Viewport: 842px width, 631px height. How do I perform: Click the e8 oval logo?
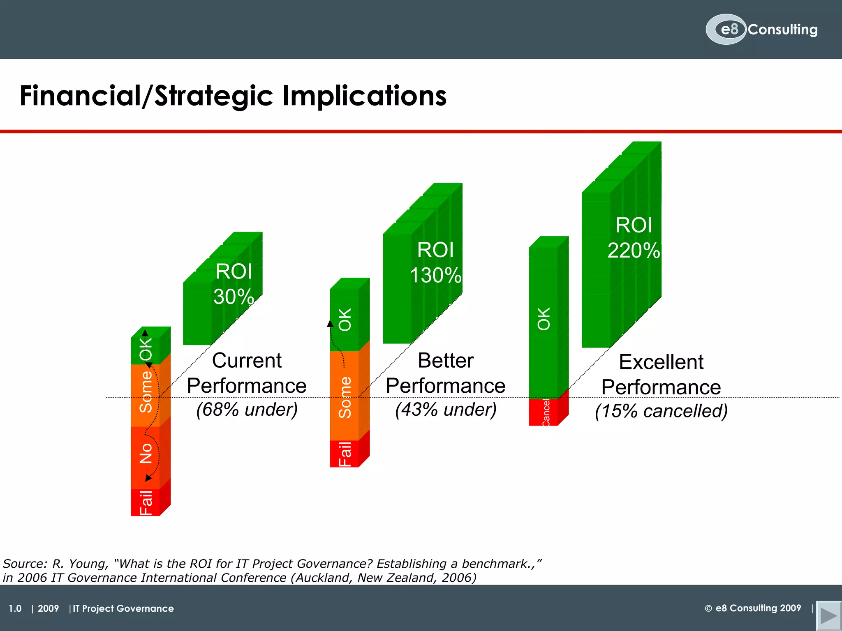pyautogui.click(x=726, y=29)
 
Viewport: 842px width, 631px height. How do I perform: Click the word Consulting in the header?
pyautogui.click(x=782, y=30)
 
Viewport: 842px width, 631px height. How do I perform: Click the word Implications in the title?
pyautogui.click(x=364, y=96)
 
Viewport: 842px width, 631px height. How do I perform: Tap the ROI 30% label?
pyautogui.click(x=234, y=284)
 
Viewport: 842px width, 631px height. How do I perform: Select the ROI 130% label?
pyautogui.click(x=435, y=263)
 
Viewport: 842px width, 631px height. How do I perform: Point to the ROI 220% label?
pyautogui.click(x=634, y=238)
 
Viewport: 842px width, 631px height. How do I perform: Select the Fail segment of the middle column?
pyautogui.click(x=345, y=454)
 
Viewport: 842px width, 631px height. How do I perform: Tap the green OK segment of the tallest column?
pyautogui.click(x=544, y=318)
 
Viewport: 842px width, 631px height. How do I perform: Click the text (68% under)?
pyautogui.click(x=247, y=410)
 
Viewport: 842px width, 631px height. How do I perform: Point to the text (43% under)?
pyautogui.click(x=446, y=410)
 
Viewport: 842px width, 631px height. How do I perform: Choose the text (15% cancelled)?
pyautogui.click(x=661, y=411)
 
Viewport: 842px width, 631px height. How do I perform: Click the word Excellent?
pyautogui.click(x=661, y=362)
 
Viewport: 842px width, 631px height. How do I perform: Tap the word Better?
pyautogui.click(x=446, y=361)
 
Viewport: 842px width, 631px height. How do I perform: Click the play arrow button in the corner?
pyautogui.click(x=828, y=615)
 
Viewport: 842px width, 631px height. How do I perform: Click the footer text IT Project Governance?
pyautogui.click(x=123, y=608)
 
